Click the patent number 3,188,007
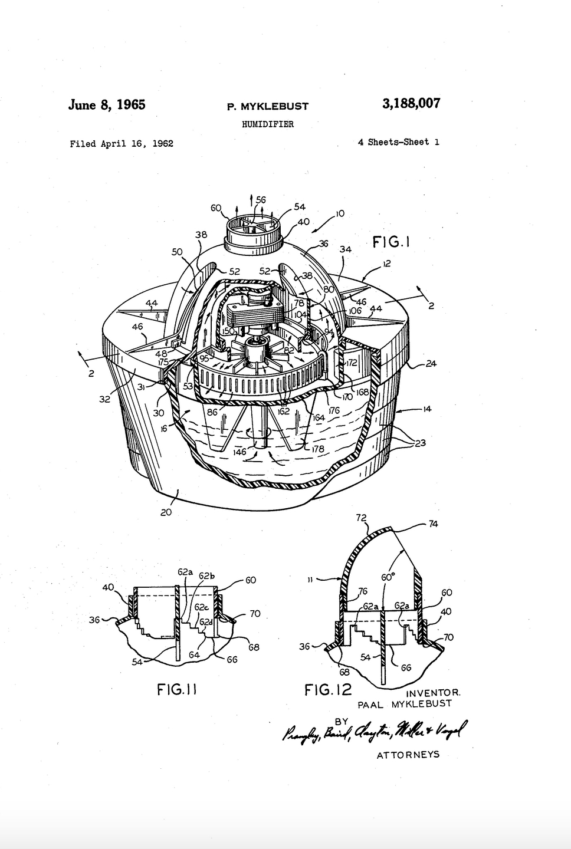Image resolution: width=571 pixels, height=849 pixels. coord(411,104)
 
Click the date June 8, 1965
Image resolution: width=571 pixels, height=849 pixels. coord(107,105)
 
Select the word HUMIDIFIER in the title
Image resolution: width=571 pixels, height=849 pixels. coord(268,124)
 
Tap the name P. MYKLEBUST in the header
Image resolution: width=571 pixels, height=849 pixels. coord(268,107)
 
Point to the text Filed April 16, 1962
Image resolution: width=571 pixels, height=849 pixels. coord(122,143)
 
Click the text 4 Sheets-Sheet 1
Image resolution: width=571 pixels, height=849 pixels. coord(398,142)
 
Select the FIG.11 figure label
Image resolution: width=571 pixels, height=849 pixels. coord(176,689)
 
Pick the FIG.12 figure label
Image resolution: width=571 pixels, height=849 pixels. coord(327,689)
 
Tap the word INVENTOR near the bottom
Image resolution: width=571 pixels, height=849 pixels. coord(433,693)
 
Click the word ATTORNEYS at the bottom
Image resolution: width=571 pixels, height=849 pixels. coord(408,755)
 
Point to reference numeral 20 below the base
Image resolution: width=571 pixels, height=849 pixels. coord(166,512)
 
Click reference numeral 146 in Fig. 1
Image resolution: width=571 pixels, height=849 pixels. coord(239,452)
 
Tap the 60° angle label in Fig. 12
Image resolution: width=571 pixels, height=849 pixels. coord(387,577)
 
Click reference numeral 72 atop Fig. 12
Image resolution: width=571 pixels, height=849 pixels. coord(361,518)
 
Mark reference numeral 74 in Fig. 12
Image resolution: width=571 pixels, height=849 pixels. coord(433,524)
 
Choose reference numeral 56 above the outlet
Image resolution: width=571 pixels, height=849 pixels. coord(260,200)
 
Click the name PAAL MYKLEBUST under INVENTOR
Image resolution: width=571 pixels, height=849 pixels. coord(404,703)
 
